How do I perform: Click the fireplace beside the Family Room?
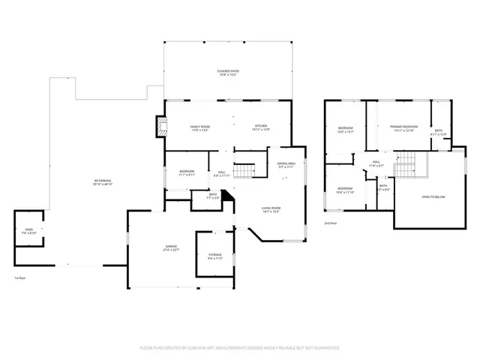(160, 127)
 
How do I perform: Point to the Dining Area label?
(286, 165)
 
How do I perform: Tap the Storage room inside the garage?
(215, 257)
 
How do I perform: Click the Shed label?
(28, 232)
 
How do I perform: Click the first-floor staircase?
(244, 172)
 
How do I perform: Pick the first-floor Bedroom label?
(187, 173)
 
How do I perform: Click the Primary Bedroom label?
(403, 129)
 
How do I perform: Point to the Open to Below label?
(433, 196)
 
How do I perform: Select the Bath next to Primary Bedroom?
(439, 133)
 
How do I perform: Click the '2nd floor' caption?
(330, 223)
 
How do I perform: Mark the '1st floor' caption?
(19, 278)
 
